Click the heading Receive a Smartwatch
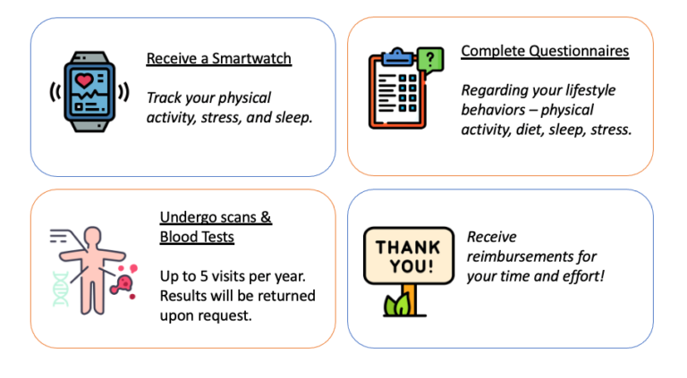pos(218,59)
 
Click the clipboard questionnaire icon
pos(397,98)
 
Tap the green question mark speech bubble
pos(430,60)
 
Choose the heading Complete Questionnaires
pos(545,51)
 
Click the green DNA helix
pos(61,288)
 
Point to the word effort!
pos(581,276)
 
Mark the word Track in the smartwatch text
pos(164,97)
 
